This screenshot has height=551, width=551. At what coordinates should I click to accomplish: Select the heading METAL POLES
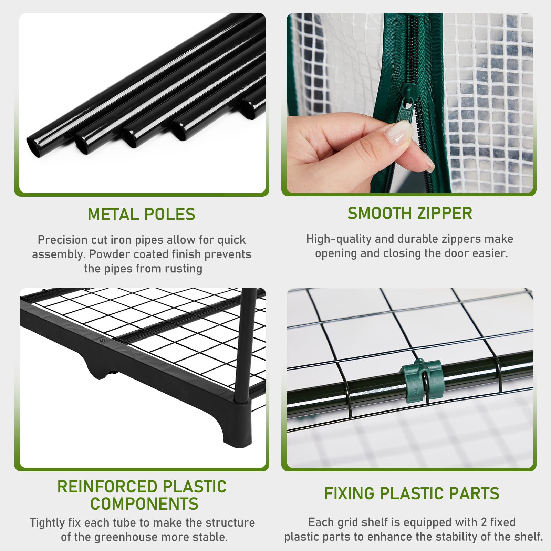tap(142, 214)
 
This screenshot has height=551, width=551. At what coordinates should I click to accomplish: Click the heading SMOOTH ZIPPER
tap(410, 213)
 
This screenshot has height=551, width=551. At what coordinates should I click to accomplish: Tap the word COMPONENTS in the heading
tap(144, 504)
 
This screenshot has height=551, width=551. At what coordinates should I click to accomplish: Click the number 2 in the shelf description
tap(484, 522)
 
